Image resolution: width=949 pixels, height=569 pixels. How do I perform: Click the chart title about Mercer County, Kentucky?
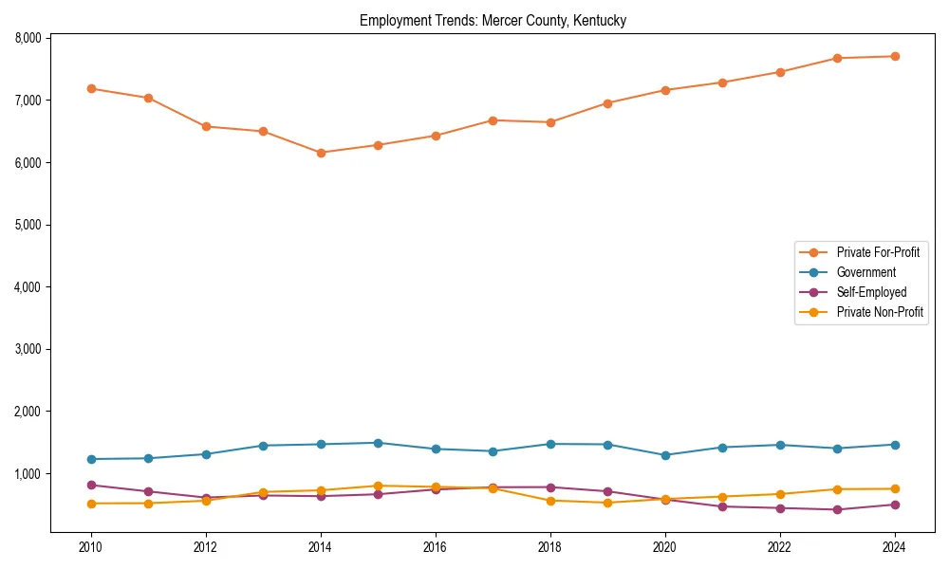pos(493,21)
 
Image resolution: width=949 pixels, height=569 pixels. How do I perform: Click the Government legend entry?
pos(865,272)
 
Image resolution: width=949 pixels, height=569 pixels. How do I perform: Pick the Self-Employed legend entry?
pos(871,292)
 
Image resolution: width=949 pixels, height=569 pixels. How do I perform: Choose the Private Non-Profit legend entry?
pos(880,312)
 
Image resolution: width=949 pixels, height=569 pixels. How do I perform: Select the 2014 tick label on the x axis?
pos(321,547)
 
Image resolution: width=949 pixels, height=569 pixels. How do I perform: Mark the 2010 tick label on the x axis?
pos(91,547)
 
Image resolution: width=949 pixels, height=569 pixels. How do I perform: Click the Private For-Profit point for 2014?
pos(321,153)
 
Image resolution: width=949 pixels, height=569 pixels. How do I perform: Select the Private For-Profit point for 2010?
pos(91,88)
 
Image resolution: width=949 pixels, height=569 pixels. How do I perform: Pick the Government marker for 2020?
pos(665,455)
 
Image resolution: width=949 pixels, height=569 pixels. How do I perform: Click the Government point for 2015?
pos(378,443)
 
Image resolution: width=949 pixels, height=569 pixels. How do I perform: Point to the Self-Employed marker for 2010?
pos(91,485)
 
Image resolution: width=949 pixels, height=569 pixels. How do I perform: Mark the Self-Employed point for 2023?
pos(837,509)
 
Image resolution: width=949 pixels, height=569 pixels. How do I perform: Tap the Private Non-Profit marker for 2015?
pos(378,486)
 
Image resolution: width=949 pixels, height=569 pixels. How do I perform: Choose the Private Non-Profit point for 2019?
pos(607,503)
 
